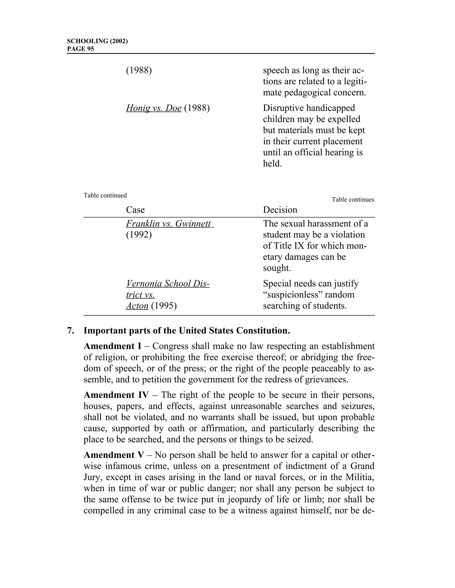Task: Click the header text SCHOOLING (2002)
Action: point(97,41)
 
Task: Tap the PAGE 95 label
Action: point(80,49)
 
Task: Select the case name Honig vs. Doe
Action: point(154,108)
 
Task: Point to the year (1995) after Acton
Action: point(164,306)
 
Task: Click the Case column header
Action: point(135,210)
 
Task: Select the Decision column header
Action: point(280,210)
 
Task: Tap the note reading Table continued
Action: point(105,195)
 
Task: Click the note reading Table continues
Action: point(353,199)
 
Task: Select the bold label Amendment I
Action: point(112,346)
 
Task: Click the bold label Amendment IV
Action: point(116,395)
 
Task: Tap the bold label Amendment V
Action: point(114,455)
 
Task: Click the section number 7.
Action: point(71,331)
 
